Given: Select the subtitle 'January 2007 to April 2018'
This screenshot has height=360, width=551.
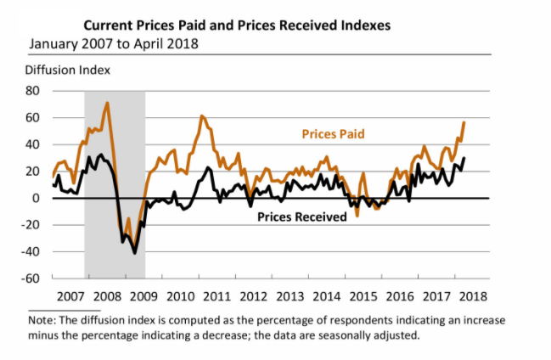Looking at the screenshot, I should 115,42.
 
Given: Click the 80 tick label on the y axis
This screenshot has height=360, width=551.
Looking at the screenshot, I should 35,90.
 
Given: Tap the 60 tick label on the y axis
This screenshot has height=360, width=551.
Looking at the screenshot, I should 35,117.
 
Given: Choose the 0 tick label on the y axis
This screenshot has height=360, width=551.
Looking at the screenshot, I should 38,199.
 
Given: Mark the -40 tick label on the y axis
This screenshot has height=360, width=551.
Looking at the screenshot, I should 32,252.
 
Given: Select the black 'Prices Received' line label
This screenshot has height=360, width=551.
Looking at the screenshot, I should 301,217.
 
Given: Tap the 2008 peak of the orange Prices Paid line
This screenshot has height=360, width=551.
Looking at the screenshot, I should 107,104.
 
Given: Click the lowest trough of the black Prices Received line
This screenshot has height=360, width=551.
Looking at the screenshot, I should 134,253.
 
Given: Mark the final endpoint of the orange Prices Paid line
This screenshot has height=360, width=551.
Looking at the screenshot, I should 464,122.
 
